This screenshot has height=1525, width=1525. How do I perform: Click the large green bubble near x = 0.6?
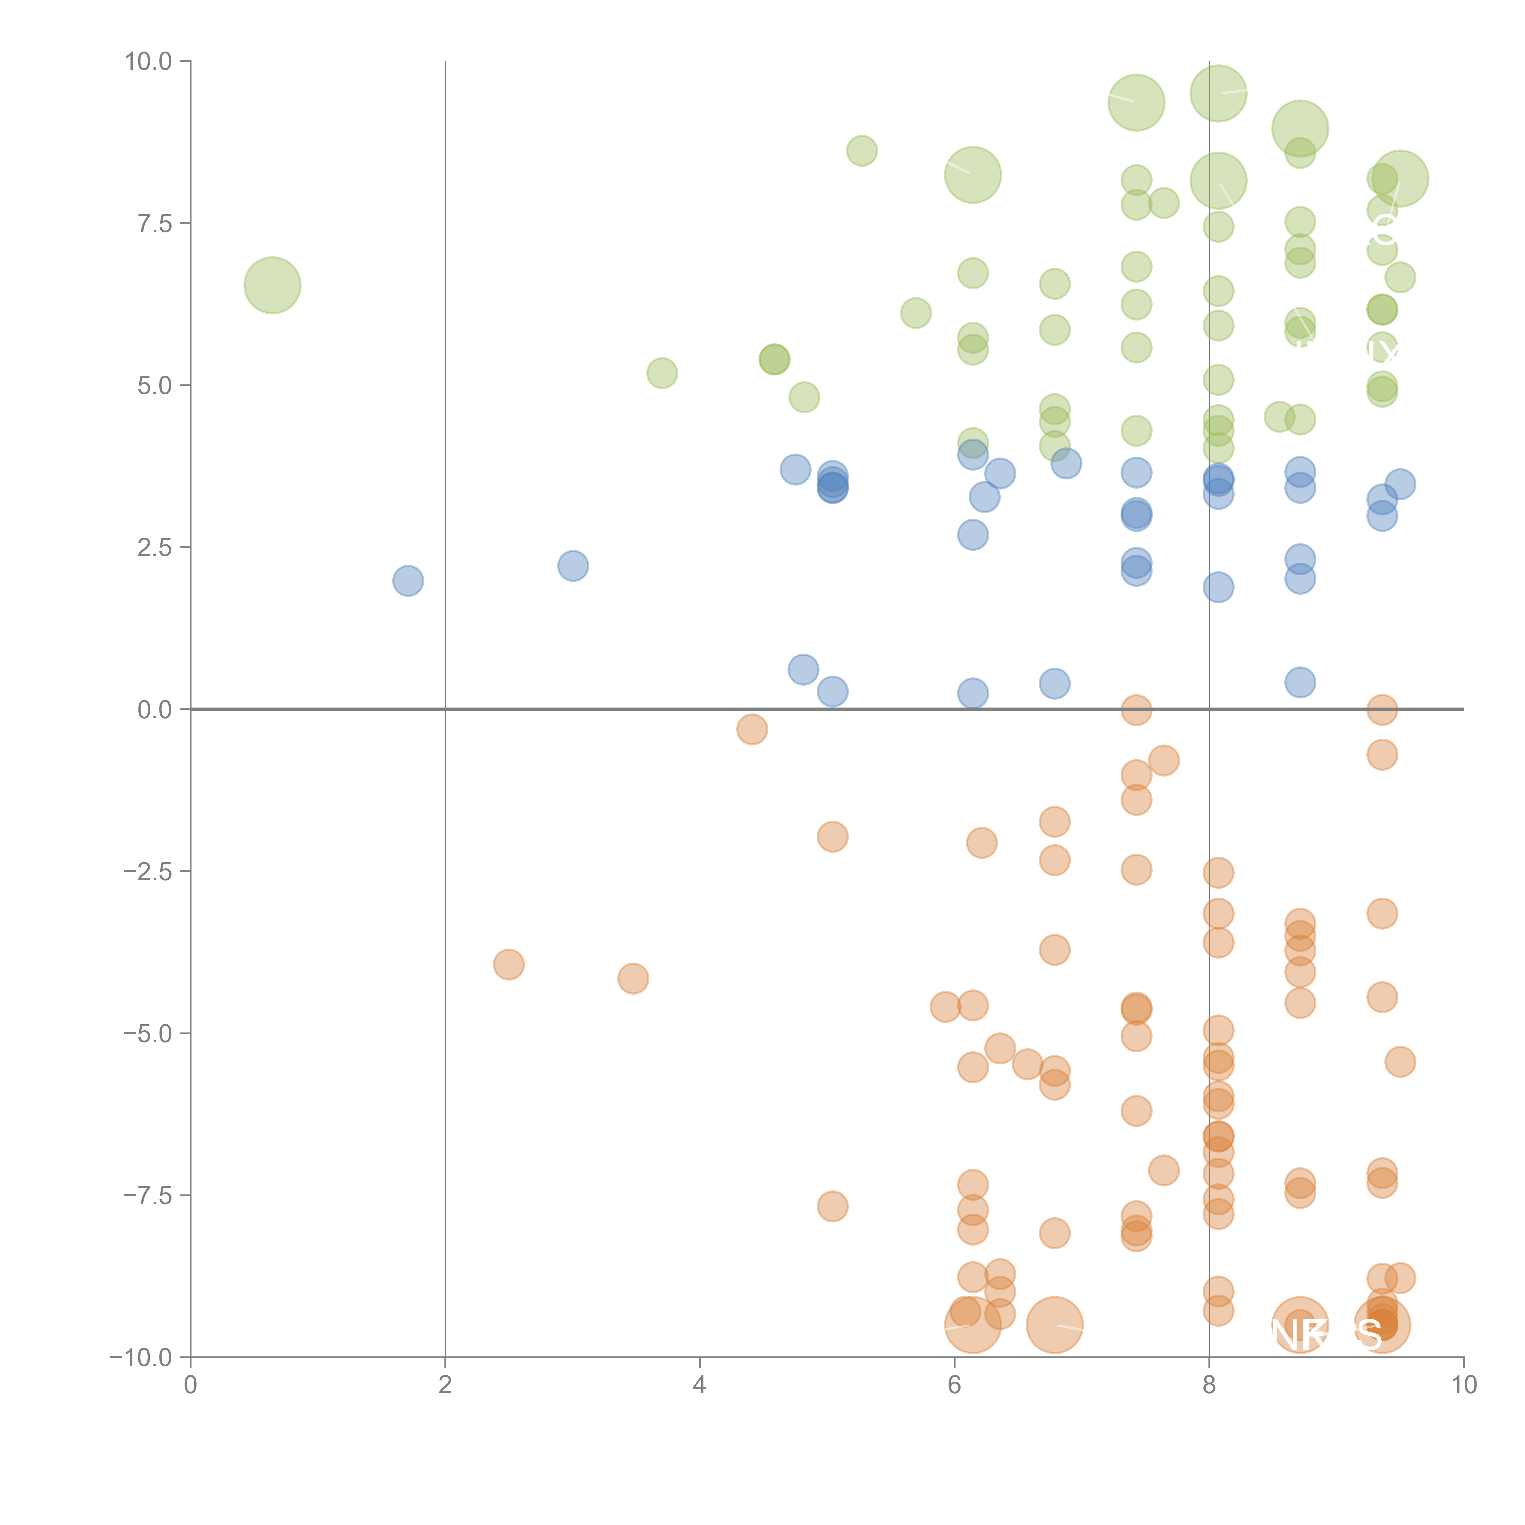point(272,285)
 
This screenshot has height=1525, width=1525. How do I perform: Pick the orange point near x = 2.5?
point(509,964)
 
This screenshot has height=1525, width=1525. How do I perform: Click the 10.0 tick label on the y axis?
point(149,62)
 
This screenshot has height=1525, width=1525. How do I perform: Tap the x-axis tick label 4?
point(700,1385)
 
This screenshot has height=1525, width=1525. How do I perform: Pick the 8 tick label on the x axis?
point(1209,1385)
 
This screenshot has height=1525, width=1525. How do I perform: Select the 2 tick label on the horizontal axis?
point(445,1385)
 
